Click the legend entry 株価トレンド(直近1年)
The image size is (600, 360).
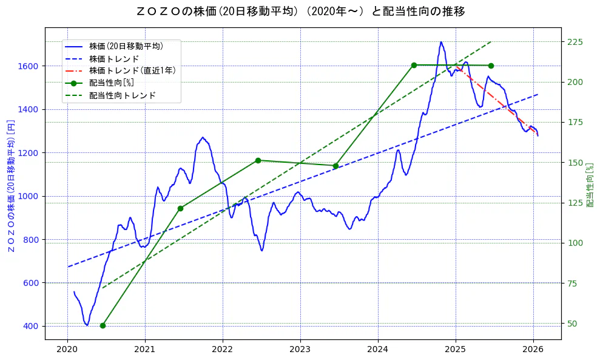(x=132, y=70)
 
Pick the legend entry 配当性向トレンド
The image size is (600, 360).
(x=122, y=95)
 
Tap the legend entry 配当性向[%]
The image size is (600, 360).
(x=111, y=83)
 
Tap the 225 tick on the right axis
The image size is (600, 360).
(x=575, y=42)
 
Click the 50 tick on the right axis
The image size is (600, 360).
(x=572, y=324)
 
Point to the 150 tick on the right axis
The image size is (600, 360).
(x=575, y=163)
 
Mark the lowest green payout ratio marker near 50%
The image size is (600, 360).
(x=103, y=325)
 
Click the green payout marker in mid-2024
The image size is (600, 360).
(x=414, y=65)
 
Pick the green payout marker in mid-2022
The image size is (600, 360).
(x=258, y=160)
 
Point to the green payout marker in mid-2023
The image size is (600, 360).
(x=335, y=166)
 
